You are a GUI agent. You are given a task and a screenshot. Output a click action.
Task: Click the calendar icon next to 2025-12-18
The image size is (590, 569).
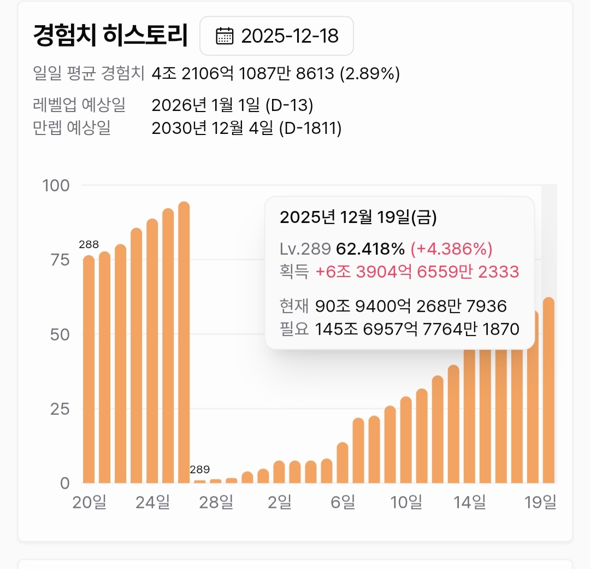[x=224, y=36]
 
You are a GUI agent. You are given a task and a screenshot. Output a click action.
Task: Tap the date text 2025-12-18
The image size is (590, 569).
[x=290, y=36]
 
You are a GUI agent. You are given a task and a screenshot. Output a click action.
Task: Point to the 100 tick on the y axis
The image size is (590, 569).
[x=56, y=185]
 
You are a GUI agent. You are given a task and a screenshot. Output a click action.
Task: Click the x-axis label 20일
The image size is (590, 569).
[x=89, y=502]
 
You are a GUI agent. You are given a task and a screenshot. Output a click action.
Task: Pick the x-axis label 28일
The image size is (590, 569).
[x=216, y=502]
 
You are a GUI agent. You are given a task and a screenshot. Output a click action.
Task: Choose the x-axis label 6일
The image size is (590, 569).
[x=343, y=502]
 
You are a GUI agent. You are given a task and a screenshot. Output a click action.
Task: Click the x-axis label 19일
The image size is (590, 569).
[x=541, y=502]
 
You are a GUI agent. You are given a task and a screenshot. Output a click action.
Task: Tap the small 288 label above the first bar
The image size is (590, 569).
[x=88, y=244]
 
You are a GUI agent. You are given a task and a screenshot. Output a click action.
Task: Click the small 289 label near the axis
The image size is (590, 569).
[x=200, y=470]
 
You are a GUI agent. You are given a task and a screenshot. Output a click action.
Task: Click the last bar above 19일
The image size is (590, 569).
[x=549, y=390]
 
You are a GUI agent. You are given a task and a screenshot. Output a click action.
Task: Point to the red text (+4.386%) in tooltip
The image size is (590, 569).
[x=451, y=249]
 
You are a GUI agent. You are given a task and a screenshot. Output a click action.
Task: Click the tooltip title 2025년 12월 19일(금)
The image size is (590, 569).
[x=358, y=218]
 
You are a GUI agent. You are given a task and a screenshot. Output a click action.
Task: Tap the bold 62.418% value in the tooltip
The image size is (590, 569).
[x=370, y=249]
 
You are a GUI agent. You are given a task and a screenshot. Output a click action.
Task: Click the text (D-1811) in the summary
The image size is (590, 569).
[x=310, y=128]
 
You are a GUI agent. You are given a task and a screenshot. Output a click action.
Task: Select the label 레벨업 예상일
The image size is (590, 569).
[x=80, y=105]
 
